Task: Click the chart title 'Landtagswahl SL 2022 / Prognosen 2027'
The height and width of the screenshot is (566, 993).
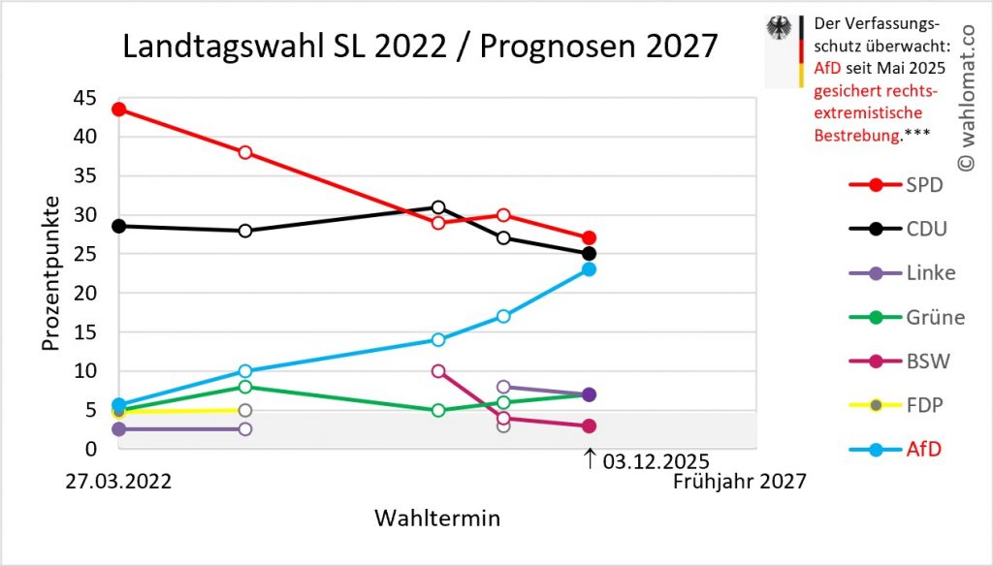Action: click(420, 47)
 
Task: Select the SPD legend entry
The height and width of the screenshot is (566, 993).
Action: click(900, 184)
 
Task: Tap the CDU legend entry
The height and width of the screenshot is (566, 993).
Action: click(900, 229)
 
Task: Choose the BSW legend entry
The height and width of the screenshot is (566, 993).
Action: click(900, 362)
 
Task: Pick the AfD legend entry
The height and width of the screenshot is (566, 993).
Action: click(900, 449)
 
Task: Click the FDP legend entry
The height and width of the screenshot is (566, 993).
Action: click(900, 405)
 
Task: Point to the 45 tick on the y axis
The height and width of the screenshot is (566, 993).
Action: click(84, 98)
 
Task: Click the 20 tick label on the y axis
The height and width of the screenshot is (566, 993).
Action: click(84, 293)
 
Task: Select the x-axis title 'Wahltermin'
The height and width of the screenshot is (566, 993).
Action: click(437, 519)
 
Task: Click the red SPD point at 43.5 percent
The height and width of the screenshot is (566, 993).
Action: click(118, 110)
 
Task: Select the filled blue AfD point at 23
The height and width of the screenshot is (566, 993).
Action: click(589, 268)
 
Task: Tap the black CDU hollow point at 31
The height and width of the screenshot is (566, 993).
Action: click(438, 206)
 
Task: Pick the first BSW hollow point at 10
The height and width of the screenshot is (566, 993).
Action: click(438, 370)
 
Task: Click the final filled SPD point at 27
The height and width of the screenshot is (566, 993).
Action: click(589, 237)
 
